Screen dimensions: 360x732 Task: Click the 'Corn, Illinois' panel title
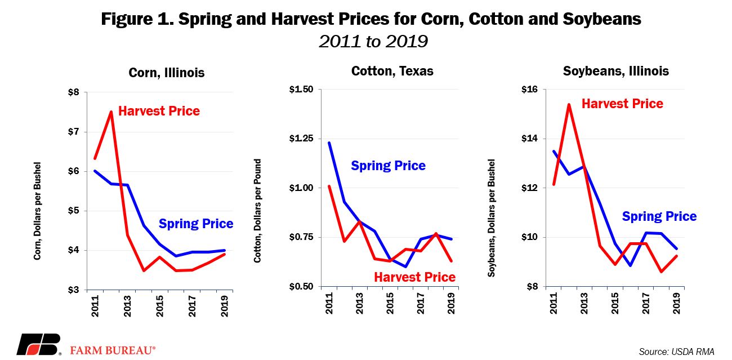(167, 73)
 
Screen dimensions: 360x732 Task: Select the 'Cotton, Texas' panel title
(392, 71)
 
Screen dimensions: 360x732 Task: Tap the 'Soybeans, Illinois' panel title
(616, 71)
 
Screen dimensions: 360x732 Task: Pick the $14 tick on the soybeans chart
(530, 139)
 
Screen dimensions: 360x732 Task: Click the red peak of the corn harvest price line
(111, 112)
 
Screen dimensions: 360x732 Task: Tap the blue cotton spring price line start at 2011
(329, 143)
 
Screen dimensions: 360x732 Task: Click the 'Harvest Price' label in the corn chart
(159, 111)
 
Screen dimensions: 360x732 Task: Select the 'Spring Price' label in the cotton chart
(388, 166)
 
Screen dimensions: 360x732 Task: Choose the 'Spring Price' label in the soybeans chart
(659, 216)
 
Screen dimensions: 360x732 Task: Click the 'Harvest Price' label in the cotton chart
(414, 277)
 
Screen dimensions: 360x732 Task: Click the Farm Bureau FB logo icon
(38, 344)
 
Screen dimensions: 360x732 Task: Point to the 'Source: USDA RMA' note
(676, 352)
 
